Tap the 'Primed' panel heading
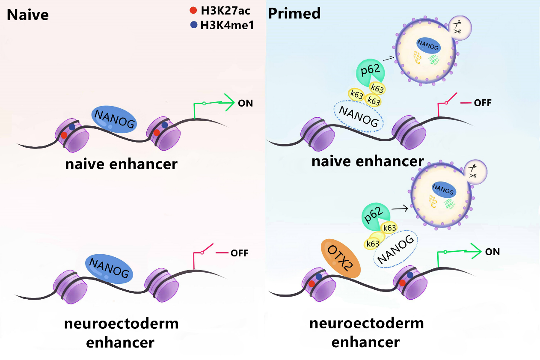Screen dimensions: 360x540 294,13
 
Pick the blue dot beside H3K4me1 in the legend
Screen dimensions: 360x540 193,25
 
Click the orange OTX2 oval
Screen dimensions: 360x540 341,258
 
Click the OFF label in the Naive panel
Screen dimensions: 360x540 239,253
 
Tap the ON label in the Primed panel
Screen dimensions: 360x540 493,252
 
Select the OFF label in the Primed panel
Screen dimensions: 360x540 483,103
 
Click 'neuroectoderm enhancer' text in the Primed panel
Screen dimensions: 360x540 366,332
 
